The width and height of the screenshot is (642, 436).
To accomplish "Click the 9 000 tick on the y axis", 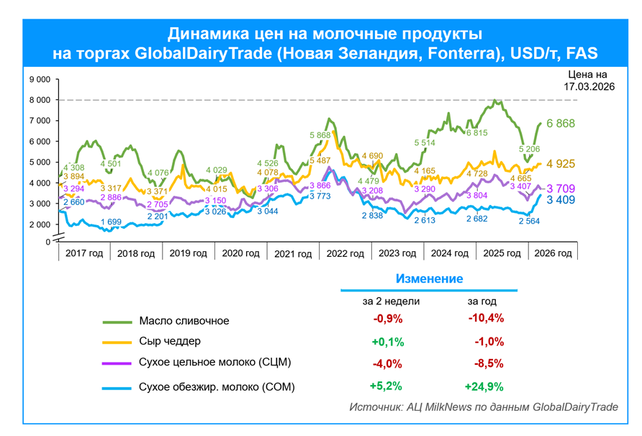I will pos(40,79).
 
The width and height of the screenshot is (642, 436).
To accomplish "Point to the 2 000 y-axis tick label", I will pos(40,224).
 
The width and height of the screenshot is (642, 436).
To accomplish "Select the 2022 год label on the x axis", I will pos(345,253).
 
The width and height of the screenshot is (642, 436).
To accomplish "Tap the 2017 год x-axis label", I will pos(84,253).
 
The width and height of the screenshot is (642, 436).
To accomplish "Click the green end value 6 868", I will pos(561,124).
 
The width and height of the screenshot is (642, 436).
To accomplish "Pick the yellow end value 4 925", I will pos(561,164).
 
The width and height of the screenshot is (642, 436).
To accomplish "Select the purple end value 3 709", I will pos(561,189).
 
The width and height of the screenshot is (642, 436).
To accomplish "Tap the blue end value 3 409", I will pos(561,200).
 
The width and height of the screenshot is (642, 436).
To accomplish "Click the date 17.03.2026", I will pos(589,86).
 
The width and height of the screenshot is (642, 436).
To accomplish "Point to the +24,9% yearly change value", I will pos(484,386).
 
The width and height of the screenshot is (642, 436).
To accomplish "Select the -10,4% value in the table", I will pos(486,318).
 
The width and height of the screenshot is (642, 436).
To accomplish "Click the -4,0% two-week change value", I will pos(388,363).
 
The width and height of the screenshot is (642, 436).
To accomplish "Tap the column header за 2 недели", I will pos(391,301).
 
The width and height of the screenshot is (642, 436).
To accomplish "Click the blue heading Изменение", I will pos(429,278).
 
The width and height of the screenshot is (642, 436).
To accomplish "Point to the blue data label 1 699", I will pos(110,222).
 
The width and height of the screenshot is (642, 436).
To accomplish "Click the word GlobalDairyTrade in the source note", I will pos(575,407).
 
